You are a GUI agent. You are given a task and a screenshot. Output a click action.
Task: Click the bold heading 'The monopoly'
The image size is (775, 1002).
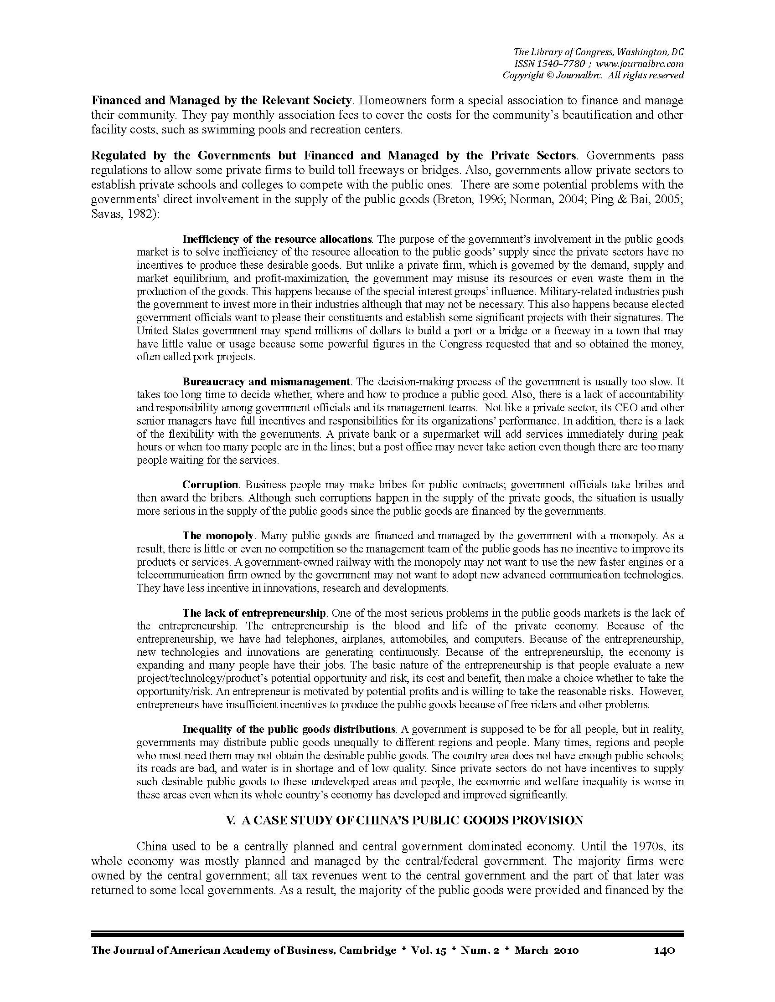point(217,536)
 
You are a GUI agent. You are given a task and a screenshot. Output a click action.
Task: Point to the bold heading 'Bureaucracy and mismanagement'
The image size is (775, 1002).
point(266,382)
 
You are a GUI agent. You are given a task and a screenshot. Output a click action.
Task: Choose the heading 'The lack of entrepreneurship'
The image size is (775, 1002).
point(254,613)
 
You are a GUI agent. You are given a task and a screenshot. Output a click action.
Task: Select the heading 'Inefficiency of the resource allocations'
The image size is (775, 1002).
point(277,239)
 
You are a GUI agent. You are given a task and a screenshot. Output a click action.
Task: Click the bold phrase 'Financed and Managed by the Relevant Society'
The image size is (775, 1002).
point(221,101)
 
